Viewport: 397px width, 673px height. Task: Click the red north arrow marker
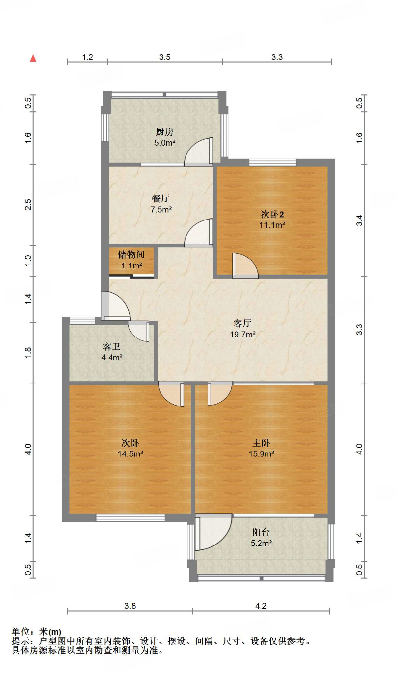(x=33, y=58)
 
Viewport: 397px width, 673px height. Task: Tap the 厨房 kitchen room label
(x=164, y=132)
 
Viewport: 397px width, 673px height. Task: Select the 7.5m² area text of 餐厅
(x=161, y=209)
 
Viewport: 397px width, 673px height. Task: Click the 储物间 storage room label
(x=131, y=254)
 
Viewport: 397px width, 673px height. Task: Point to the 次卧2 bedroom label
(x=272, y=214)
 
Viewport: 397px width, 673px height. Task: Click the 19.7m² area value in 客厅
(x=243, y=334)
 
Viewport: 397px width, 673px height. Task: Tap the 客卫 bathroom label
(x=112, y=347)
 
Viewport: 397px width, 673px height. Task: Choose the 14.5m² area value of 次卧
(x=131, y=454)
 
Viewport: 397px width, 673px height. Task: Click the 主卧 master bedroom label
(x=261, y=443)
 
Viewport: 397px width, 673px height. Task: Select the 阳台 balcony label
(x=261, y=532)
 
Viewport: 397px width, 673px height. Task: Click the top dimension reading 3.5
(x=165, y=57)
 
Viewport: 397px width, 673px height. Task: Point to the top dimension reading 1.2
(x=87, y=57)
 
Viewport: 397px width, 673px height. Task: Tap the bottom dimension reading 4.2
(x=261, y=606)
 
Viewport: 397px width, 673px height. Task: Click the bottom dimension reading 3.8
(x=130, y=606)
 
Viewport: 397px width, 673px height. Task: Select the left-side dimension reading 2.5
(x=28, y=204)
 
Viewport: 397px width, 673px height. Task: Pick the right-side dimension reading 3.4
(x=360, y=220)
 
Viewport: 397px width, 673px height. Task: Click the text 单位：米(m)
(x=37, y=632)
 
